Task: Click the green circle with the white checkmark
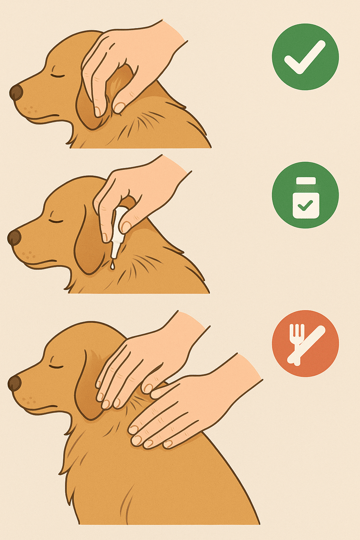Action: click(x=305, y=57)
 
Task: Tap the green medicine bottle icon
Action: click(x=305, y=195)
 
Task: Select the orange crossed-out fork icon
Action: click(x=305, y=343)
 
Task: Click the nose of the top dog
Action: click(x=16, y=92)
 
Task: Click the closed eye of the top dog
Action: click(x=58, y=76)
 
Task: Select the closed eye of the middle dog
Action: click(x=56, y=221)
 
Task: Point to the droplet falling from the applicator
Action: click(x=112, y=266)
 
